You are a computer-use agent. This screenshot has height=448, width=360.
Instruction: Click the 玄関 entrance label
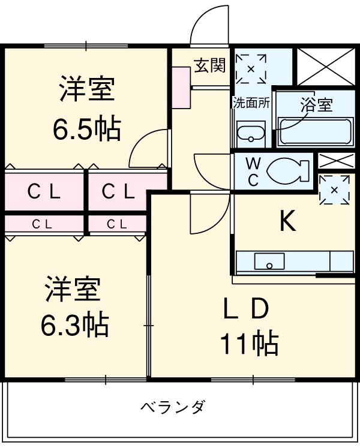point(209,65)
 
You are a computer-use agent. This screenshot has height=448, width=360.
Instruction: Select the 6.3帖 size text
point(74,325)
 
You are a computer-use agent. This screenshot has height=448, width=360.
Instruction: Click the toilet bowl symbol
point(286,172)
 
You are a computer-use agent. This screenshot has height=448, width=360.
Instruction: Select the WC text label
point(253,172)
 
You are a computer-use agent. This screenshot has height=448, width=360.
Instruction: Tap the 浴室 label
point(316,106)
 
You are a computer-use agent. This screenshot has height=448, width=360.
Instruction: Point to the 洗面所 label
point(251,103)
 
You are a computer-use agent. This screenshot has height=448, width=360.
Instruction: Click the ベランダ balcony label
point(173,408)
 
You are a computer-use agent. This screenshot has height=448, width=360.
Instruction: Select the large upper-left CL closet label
point(44,192)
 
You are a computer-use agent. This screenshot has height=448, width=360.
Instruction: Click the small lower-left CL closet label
point(42,224)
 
